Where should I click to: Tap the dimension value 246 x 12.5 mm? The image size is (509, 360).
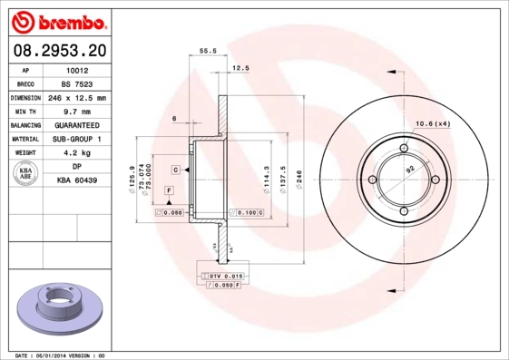[x=77, y=97]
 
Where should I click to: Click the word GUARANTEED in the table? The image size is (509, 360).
[x=77, y=125]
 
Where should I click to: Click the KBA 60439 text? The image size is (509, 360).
[x=77, y=181]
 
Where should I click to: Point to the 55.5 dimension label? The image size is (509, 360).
[x=207, y=52]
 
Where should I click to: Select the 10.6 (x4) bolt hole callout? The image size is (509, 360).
[x=432, y=123]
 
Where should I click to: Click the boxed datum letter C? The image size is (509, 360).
[x=174, y=170]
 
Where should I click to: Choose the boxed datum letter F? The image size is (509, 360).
[x=169, y=189]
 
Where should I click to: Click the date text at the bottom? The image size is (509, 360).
[x=61, y=355]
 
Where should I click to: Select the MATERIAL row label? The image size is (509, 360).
[x=24, y=139]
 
